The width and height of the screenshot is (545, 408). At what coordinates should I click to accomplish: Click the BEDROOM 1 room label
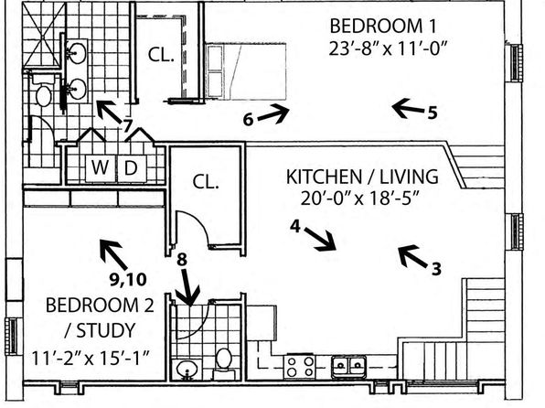(382, 27)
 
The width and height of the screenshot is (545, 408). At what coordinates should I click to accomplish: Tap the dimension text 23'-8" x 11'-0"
(387, 48)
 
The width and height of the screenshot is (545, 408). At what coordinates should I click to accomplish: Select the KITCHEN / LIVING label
(362, 177)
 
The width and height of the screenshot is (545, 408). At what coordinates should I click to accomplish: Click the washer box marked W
(101, 168)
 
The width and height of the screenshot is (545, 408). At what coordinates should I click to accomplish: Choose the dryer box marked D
(132, 168)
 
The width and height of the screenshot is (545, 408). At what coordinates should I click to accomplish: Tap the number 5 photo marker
(433, 113)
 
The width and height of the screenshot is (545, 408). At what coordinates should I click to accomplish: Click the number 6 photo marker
(248, 120)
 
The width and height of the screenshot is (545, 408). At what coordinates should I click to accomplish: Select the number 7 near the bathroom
(128, 125)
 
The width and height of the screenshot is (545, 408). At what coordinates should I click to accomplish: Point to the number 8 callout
(182, 260)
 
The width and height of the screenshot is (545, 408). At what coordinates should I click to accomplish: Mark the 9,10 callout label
(128, 279)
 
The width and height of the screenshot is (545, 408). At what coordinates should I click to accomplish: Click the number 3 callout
(436, 269)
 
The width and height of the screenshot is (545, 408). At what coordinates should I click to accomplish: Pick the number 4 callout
(295, 227)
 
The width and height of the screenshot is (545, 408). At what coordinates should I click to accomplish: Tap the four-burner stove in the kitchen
(300, 367)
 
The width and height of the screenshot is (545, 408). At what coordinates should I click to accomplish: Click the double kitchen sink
(348, 367)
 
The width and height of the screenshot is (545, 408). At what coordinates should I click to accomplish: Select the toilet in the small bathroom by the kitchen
(223, 364)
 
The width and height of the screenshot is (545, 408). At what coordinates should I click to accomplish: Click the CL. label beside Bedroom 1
(161, 55)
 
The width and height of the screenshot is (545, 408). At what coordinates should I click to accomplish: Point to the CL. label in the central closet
(206, 181)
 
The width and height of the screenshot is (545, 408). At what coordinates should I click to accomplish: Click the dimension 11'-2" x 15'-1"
(91, 358)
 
